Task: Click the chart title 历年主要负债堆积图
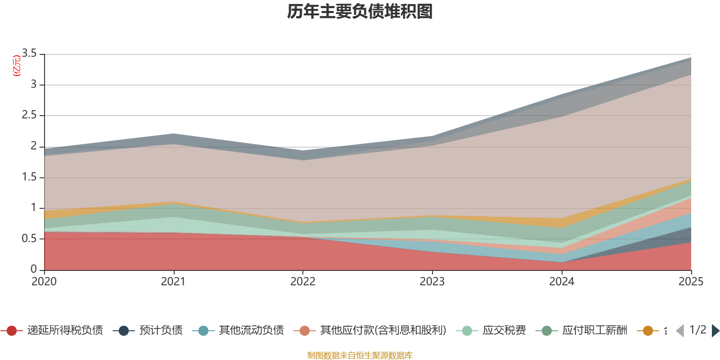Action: tap(360, 12)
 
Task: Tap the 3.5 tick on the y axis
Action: tap(30, 54)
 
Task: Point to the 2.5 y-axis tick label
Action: tap(30, 115)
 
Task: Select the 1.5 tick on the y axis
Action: tap(30, 177)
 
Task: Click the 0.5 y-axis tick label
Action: tap(30, 238)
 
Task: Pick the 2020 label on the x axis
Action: tap(44, 282)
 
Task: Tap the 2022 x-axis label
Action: tap(303, 282)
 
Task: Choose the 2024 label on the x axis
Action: tap(562, 282)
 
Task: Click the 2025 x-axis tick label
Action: tap(690, 282)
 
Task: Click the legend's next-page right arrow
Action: tap(715, 331)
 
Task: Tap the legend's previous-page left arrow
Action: tap(680, 331)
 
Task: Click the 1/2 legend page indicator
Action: tap(697, 330)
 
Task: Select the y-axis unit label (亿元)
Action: tap(17, 66)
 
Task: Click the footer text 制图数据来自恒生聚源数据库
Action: tap(360, 355)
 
